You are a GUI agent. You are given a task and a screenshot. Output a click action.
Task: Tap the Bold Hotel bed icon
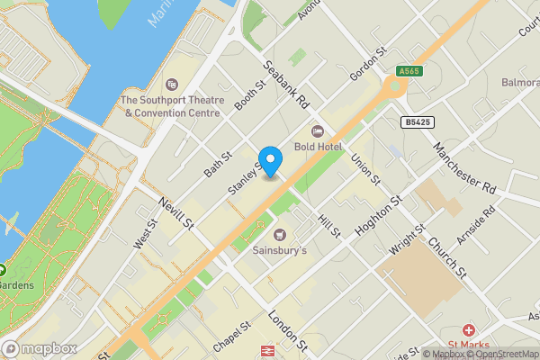(x=316, y=130)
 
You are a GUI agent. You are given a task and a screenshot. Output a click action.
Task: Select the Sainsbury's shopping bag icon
(x=278, y=234)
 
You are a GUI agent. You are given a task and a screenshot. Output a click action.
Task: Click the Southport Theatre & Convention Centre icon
(x=172, y=85)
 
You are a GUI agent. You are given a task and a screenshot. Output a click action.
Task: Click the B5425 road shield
(x=416, y=121)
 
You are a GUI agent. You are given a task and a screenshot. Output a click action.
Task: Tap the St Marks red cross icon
(x=468, y=332)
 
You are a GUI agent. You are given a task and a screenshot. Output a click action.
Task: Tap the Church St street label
(x=446, y=257)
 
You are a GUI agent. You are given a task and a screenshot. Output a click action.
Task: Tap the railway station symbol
(x=267, y=352)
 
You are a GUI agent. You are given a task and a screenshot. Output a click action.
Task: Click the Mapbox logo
(x=40, y=348)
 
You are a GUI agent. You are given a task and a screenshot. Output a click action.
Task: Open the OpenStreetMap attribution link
(x=502, y=354)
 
